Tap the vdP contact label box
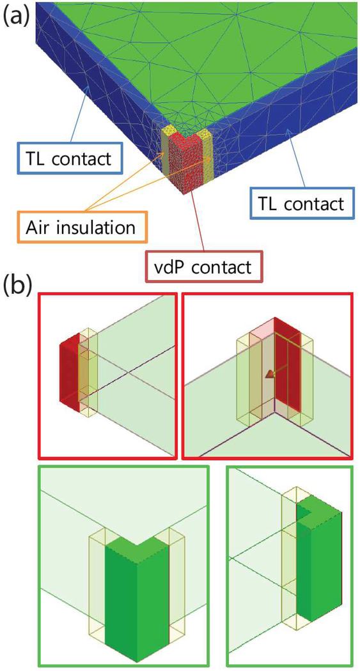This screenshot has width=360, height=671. [203, 266]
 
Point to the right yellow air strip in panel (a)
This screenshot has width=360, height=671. [205, 150]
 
